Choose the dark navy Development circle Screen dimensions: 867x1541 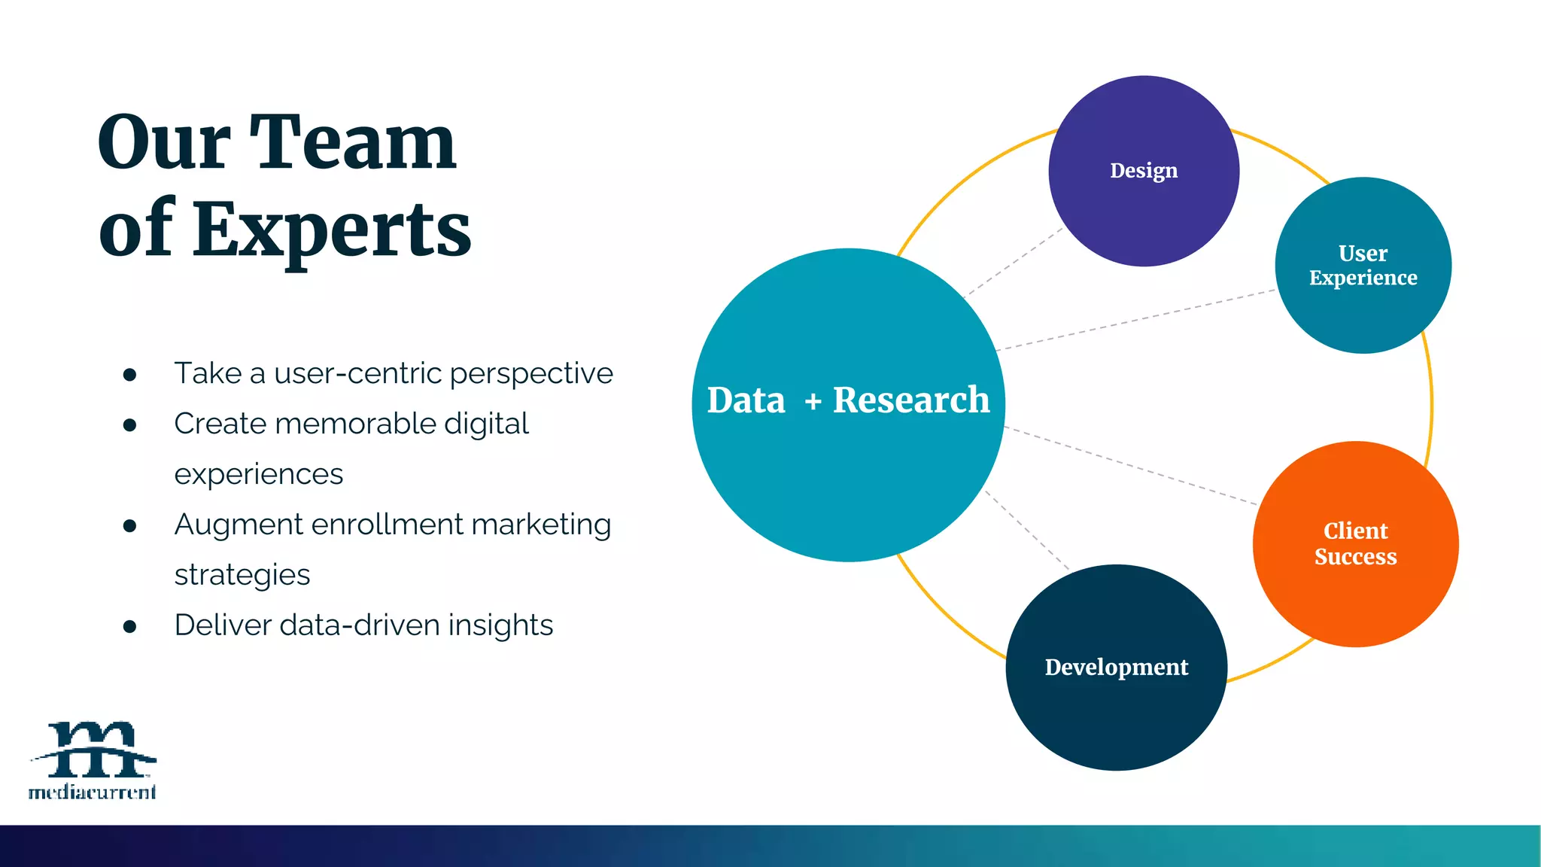click(x=1116, y=707)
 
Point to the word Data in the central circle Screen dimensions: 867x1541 click(x=746, y=400)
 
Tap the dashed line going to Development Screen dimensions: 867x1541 click(x=1027, y=530)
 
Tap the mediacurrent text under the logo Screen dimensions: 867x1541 click(x=92, y=792)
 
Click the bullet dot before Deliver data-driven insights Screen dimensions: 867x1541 click(x=129, y=626)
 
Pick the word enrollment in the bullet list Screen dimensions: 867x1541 click(x=387, y=525)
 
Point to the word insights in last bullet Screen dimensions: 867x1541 click(x=500, y=625)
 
